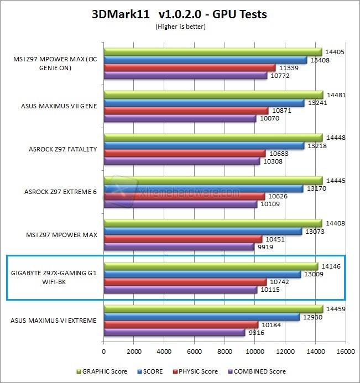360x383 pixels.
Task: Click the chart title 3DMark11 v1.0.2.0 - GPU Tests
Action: [179, 14]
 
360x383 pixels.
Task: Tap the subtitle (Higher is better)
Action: [180, 26]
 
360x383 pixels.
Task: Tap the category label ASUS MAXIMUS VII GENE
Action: [54, 106]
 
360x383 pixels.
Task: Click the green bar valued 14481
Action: [213, 95]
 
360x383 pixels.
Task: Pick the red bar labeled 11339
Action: [189, 67]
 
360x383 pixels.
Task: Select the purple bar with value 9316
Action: [174, 333]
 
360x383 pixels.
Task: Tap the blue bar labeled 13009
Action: [202, 274]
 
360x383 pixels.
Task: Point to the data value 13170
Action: [314, 189]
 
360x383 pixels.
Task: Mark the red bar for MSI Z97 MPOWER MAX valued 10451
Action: [182, 239]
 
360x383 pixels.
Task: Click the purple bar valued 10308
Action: [181, 161]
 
